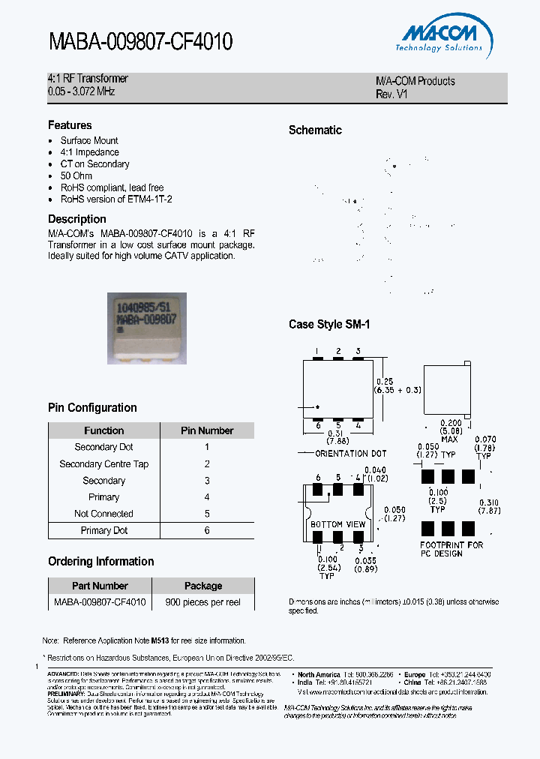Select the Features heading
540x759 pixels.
click(x=70, y=125)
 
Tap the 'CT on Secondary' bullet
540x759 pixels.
click(x=94, y=164)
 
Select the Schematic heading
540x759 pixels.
click(x=315, y=130)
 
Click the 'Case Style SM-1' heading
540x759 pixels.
click(x=329, y=325)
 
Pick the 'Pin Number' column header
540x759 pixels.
click(x=207, y=430)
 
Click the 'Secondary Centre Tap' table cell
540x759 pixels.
click(x=104, y=464)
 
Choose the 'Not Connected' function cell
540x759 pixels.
click(x=103, y=514)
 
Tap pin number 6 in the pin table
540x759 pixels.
click(x=207, y=530)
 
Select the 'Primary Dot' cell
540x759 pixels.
click(x=104, y=530)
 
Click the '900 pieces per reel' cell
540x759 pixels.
click(x=203, y=602)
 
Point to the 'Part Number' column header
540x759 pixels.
click(x=100, y=586)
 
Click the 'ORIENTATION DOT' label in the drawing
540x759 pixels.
click(x=351, y=454)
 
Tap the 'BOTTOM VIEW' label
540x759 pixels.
click(x=338, y=524)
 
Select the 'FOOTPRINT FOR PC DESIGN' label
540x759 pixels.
click(x=451, y=549)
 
